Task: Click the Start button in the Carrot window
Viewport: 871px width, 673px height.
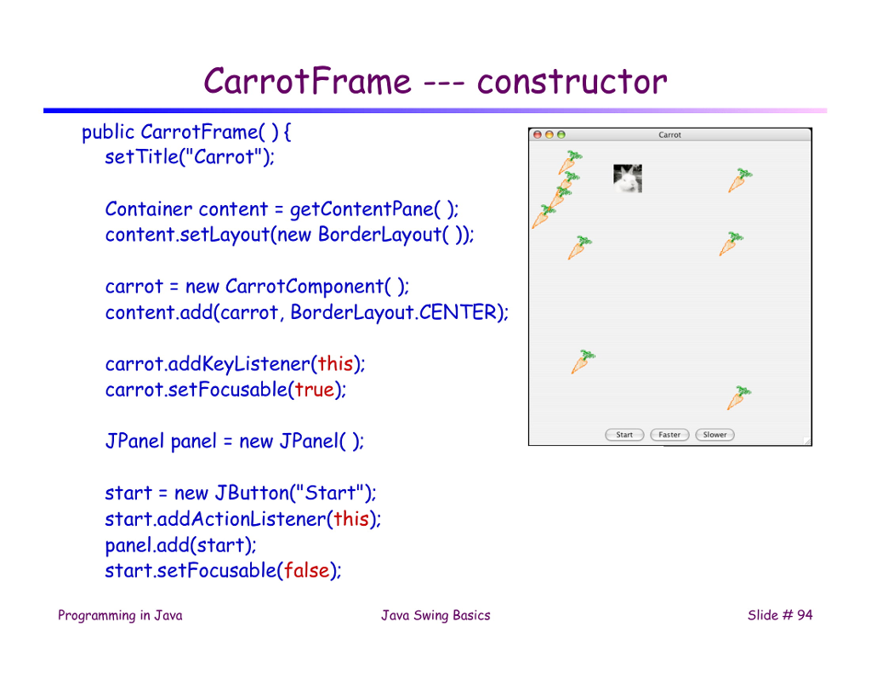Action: [624, 435]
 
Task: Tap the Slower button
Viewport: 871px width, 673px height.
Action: [714, 435]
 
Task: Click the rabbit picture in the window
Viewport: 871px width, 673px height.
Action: [628, 179]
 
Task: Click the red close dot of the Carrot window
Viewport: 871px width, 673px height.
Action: [537, 135]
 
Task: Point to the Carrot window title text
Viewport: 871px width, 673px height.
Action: [669, 135]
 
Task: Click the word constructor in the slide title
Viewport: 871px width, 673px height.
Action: [572, 83]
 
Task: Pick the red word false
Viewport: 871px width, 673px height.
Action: [306, 570]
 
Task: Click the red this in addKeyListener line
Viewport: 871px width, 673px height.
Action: [335, 364]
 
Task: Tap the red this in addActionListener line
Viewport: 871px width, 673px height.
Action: [350, 518]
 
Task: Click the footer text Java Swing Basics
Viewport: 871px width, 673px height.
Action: [435, 615]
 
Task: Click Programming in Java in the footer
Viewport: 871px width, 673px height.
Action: [120, 615]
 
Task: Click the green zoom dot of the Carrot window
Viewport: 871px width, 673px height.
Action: [561, 135]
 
